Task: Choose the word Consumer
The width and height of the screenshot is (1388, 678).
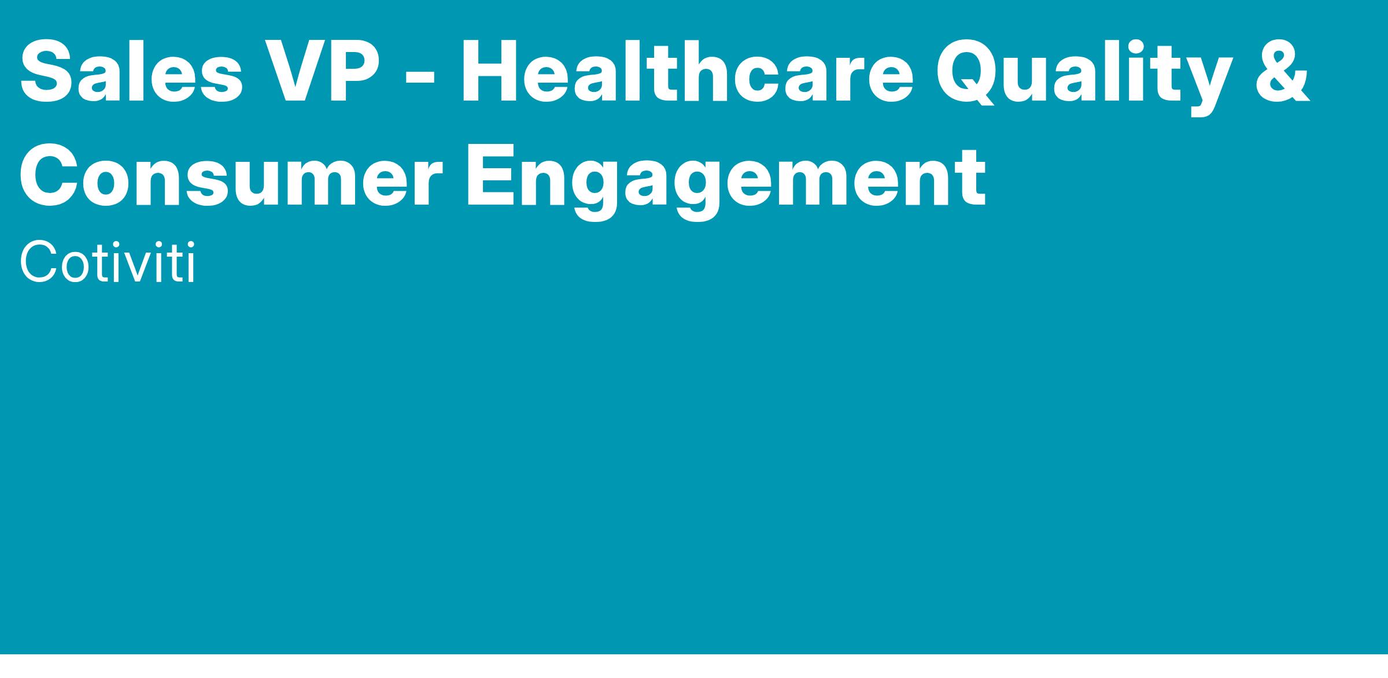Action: point(231,175)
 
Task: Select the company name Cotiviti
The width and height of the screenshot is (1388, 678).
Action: point(108,264)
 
